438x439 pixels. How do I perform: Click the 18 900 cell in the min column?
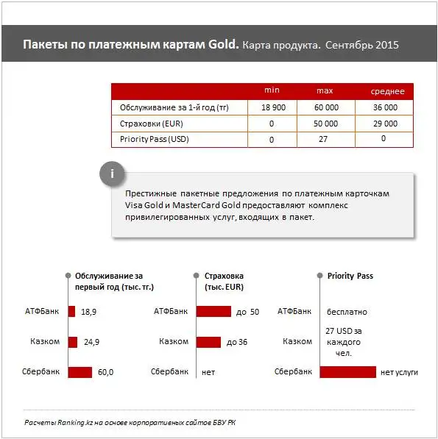point(272,107)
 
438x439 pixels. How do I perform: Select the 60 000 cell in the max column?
point(326,107)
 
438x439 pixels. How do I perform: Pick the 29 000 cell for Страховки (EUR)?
point(386,124)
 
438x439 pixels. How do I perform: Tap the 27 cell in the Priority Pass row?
point(323,139)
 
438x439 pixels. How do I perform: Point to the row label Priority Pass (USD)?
point(151,139)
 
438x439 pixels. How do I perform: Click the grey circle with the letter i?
point(112,174)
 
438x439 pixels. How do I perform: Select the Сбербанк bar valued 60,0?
point(80,372)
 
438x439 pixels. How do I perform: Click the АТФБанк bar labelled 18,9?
point(71,312)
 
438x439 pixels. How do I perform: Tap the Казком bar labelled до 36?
point(208,342)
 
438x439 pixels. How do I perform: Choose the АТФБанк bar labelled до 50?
point(213,312)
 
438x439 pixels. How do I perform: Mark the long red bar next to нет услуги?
point(347,372)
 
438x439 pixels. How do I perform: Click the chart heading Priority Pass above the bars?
point(350,276)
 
